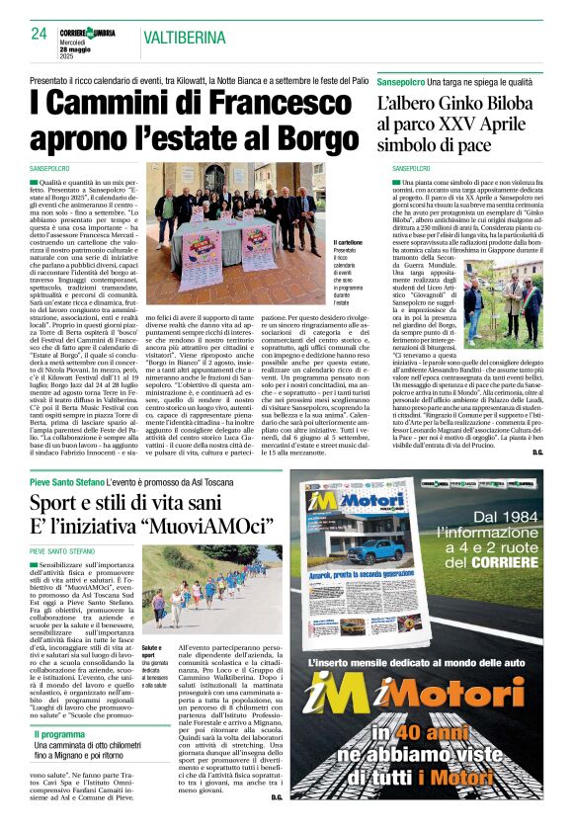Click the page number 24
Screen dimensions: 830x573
tap(39, 33)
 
